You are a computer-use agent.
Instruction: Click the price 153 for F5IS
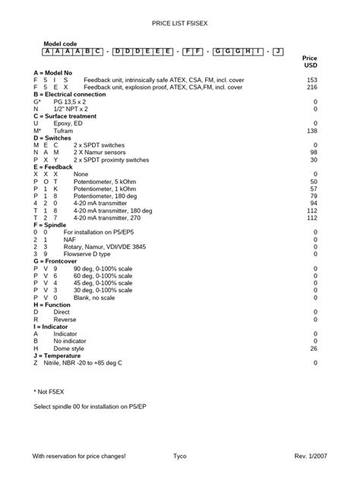pos(311,79)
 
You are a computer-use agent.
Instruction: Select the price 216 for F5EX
pos(311,87)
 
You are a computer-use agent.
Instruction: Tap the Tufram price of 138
pos(311,131)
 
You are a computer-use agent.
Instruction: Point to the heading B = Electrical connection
pos(74,94)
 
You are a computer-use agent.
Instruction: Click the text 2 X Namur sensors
pos(103,152)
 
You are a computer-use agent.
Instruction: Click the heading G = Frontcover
pos(62,261)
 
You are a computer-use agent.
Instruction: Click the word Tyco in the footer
pos(180,456)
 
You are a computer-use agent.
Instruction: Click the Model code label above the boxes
pos(61,45)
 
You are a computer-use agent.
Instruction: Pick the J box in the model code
pos(278,52)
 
